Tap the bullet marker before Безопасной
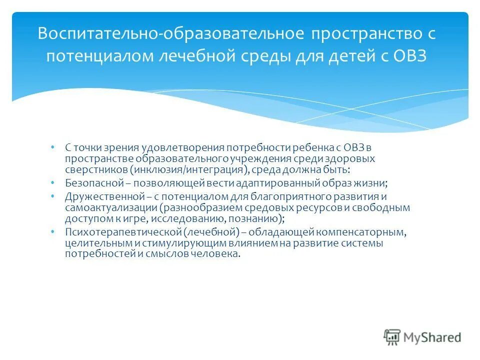click(52, 182)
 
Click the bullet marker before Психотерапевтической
click(52, 232)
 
